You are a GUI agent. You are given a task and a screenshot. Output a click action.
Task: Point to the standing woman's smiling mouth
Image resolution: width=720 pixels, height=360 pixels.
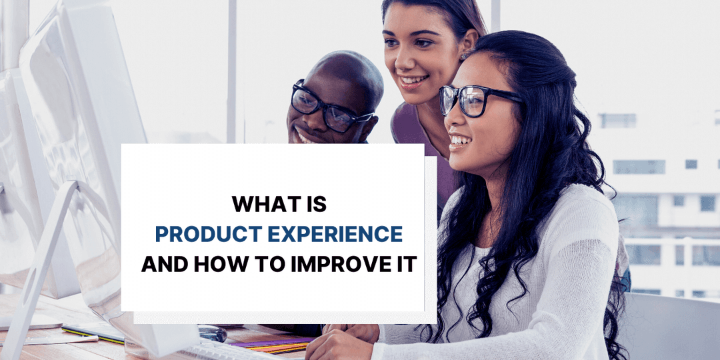point(413,81)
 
